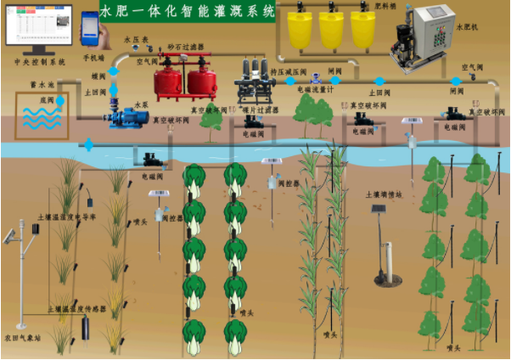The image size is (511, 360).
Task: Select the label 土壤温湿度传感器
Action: tap(76, 309)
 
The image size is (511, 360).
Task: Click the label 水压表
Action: tap(136, 39)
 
